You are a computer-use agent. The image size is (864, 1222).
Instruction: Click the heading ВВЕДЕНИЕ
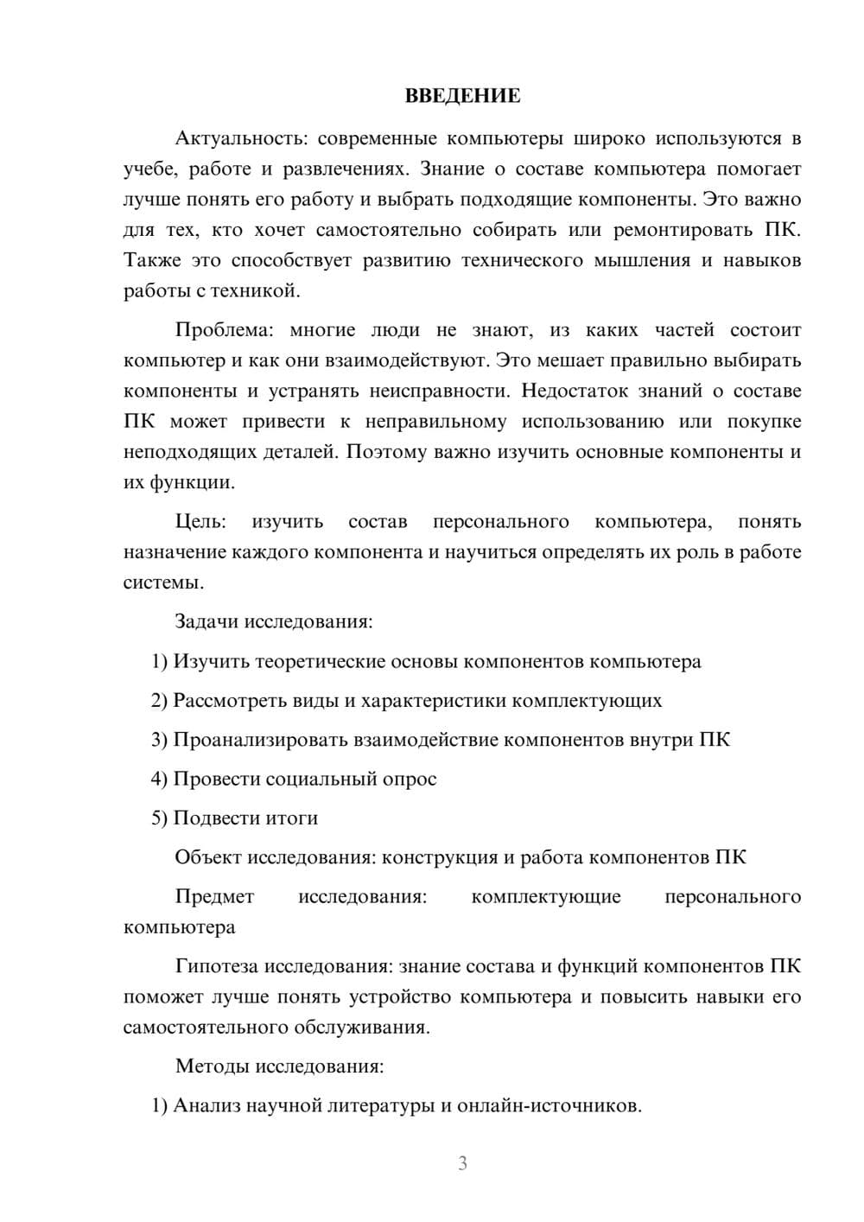pos(462,96)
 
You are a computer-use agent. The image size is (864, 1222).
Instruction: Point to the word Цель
pos(200,522)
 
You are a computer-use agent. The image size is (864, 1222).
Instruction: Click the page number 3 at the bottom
pos(462,1163)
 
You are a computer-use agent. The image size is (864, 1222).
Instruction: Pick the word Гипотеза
pos(215,966)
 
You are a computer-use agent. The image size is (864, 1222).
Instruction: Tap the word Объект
pos(208,857)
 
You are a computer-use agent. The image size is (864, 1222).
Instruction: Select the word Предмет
pos(214,897)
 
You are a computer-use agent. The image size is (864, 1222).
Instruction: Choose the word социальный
pos(320,779)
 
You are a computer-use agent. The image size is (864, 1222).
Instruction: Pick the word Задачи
pos(206,621)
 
